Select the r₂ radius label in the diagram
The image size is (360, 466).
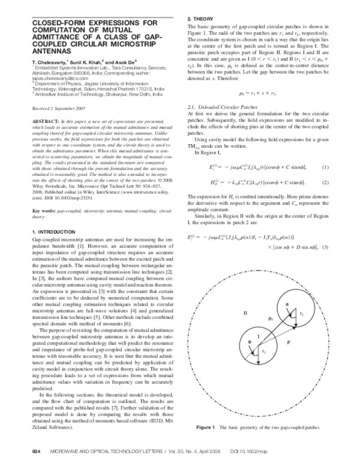tap(302, 314)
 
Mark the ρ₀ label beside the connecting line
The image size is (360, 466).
tap(271, 318)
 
